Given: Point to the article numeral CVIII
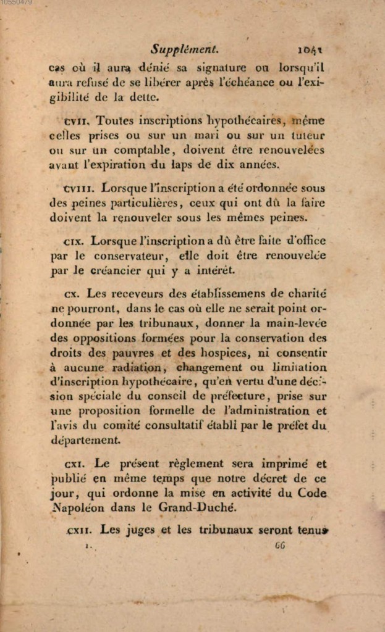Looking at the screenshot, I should coord(79,188).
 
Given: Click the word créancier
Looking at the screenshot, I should coord(124,270).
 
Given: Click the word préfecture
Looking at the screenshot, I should coord(237,396).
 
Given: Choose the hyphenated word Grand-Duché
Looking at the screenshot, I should coord(185,508).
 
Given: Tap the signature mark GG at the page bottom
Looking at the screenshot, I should coord(279,546).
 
